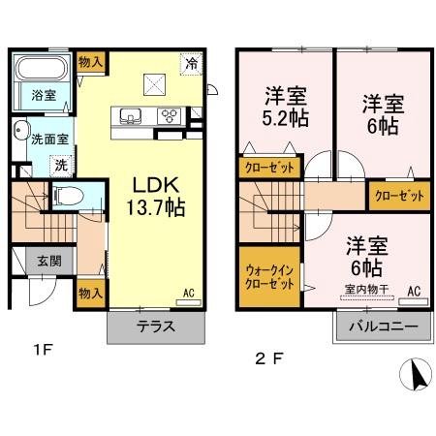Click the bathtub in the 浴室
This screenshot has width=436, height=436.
pos(41,69)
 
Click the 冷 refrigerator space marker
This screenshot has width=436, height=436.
pos(192,63)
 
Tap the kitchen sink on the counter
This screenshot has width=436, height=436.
pos(132,115)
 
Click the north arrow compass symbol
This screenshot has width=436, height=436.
pos(416,375)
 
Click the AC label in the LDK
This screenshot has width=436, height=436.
pos(189,293)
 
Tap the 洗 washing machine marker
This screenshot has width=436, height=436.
pos(60,166)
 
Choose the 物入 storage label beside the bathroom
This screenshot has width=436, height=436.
pos(93,61)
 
